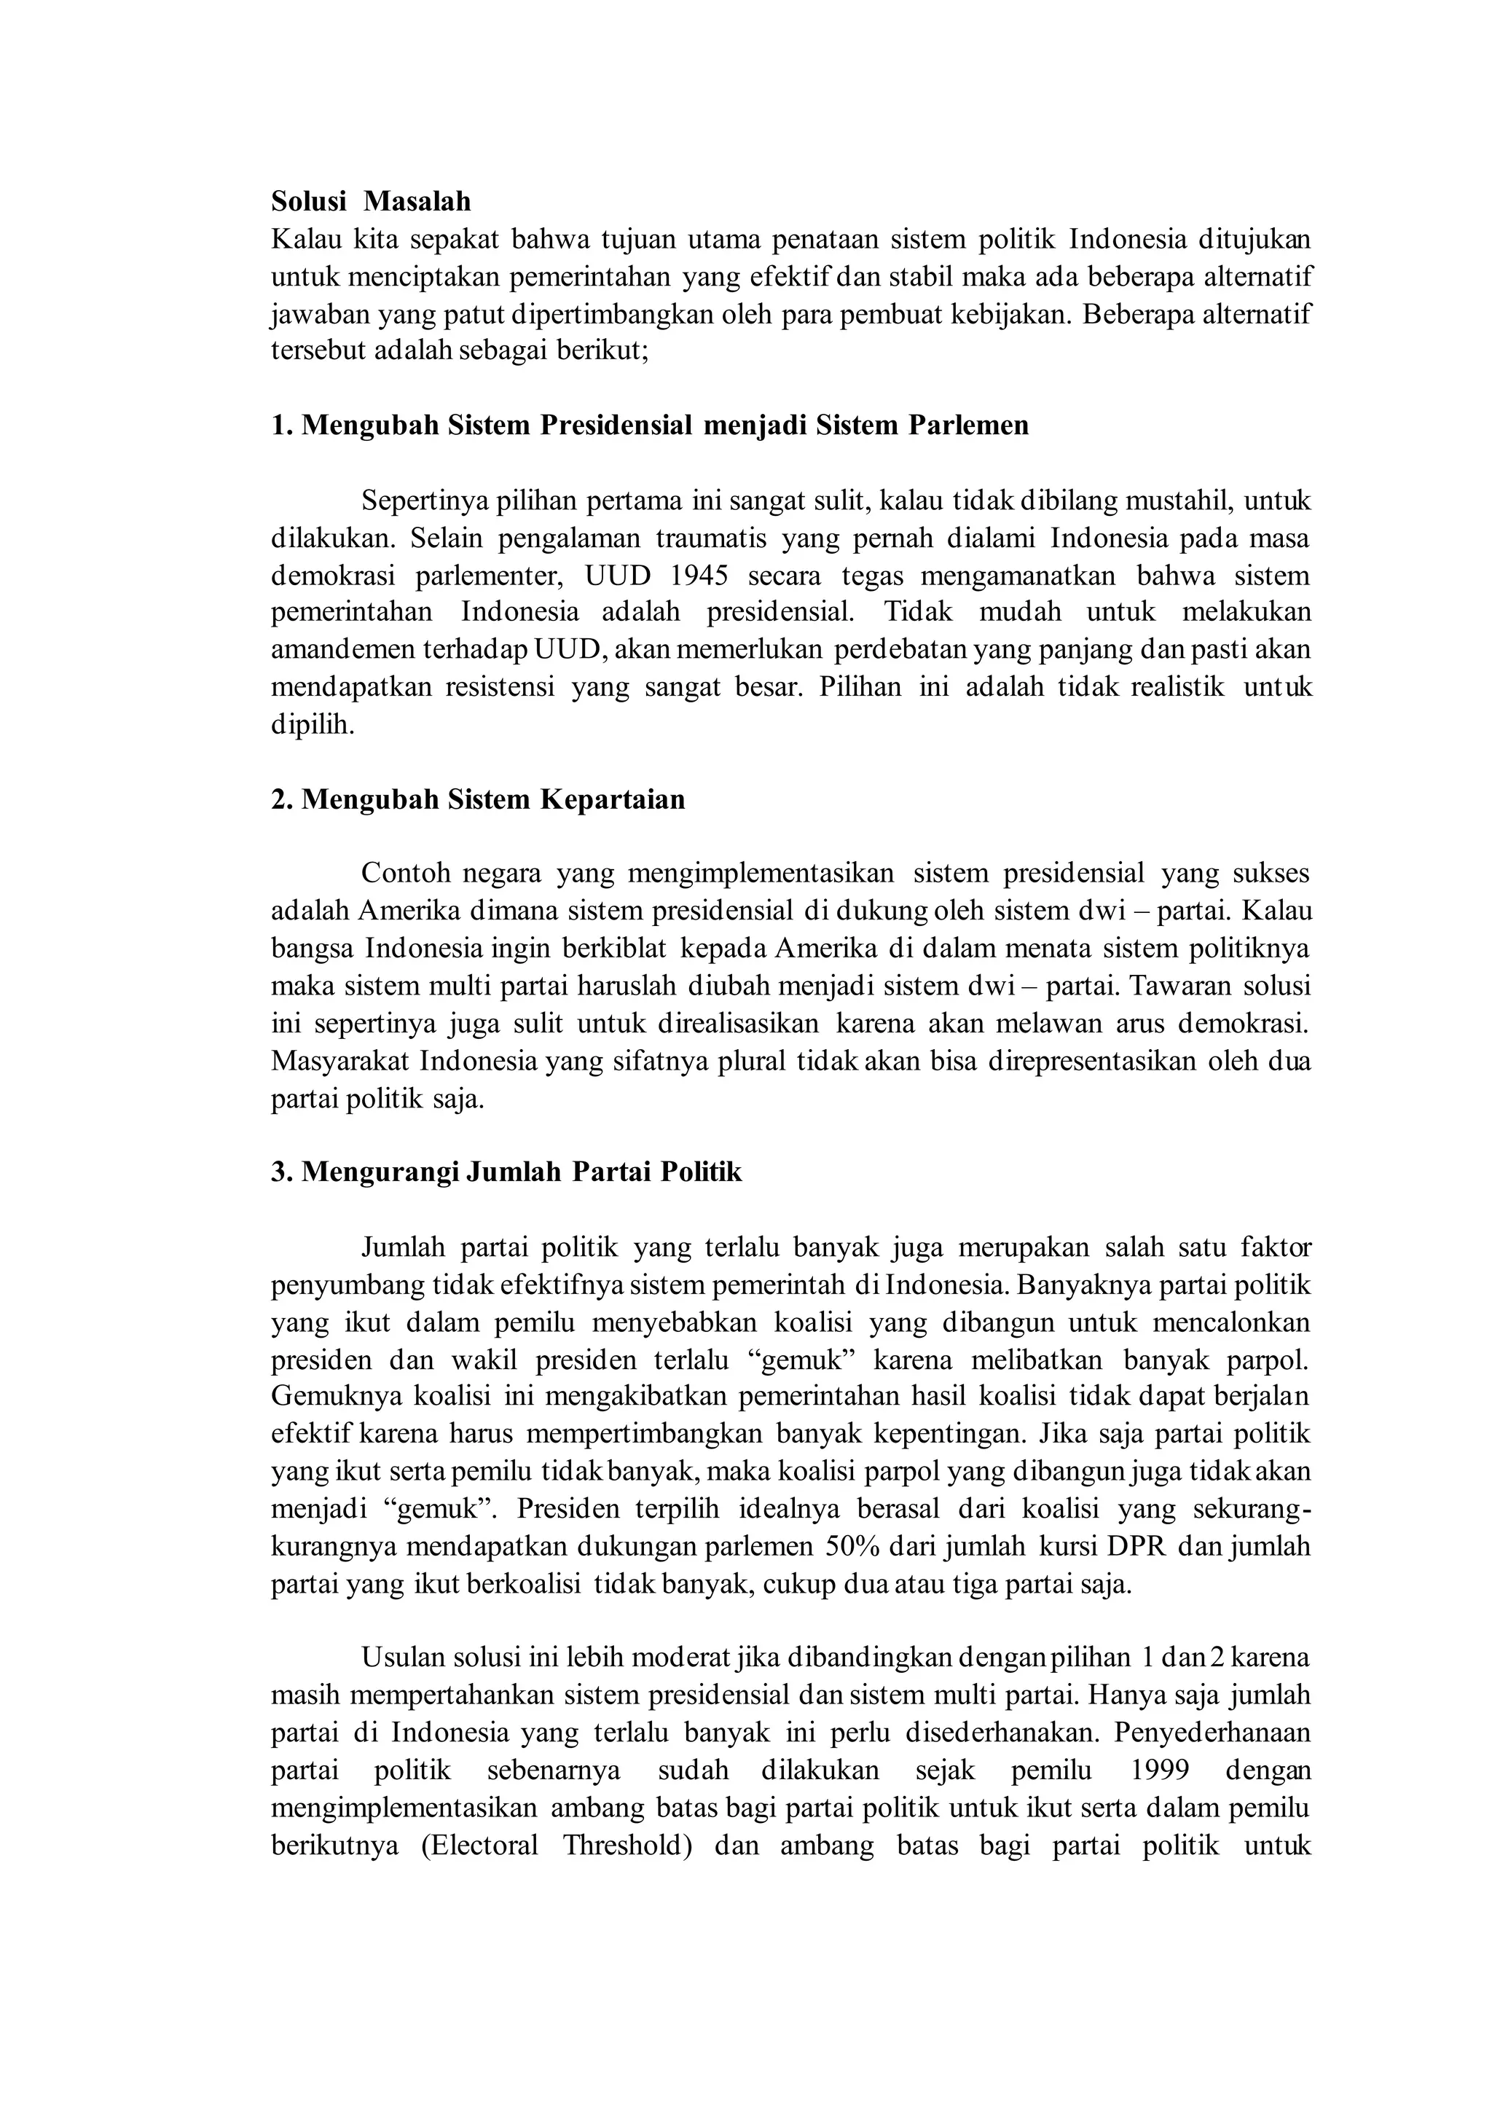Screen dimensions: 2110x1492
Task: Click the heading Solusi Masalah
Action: (370, 201)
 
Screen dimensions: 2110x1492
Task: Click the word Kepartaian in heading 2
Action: (612, 799)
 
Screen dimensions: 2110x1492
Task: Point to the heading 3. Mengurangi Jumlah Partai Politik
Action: (506, 1172)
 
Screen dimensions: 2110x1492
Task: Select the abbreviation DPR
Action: (1136, 1547)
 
